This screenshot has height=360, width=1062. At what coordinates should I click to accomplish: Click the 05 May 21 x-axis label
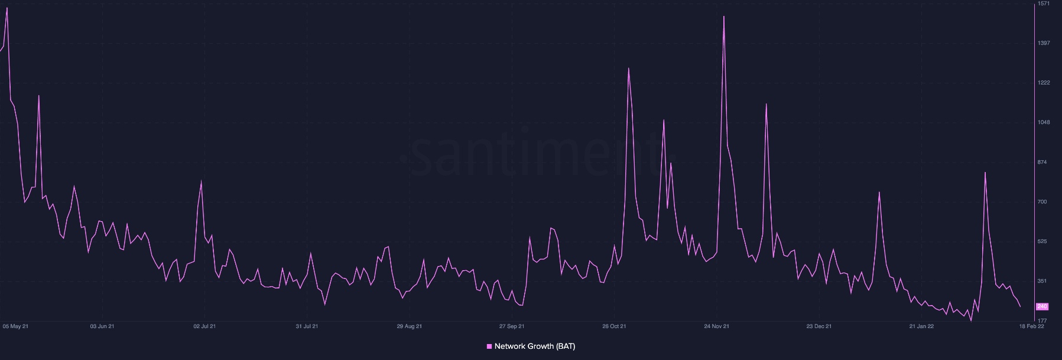(x=15, y=326)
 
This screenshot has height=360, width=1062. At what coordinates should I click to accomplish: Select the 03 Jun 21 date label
(x=102, y=326)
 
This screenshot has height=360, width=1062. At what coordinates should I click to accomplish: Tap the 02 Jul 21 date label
(x=204, y=326)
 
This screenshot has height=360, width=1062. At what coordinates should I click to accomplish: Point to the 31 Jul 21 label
(x=307, y=326)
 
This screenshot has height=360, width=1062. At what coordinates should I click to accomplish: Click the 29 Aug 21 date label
(x=409, y=326)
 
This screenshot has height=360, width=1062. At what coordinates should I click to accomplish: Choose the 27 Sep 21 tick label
(x=512, y=326)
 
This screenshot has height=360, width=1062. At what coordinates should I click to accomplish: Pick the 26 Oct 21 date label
(x=614, y=326)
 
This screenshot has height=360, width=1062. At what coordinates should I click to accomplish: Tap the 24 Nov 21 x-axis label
(x=716, y=326)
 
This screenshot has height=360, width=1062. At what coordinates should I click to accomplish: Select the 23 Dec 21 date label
(x=819, y=326)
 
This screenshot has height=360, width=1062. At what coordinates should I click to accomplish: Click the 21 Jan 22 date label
(x=921, y=326)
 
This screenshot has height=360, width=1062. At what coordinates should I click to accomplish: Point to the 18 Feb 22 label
(x=1031, y=326)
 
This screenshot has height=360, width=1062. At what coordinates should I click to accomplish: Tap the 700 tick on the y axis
(x=1042, y=202)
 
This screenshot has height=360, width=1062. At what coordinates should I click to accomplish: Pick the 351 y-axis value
(x=1042, y=281)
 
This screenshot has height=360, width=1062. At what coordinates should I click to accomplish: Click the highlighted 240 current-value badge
(x=1042, y=306)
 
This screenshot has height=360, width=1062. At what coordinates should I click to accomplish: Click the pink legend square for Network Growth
(x=489, y=346)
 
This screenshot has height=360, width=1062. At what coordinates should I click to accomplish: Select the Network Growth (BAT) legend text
(x=534, y=346)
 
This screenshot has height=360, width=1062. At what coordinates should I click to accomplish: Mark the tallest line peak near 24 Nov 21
(x=723, y=17)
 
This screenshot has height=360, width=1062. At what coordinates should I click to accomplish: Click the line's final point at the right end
(x=1020, y=306)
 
